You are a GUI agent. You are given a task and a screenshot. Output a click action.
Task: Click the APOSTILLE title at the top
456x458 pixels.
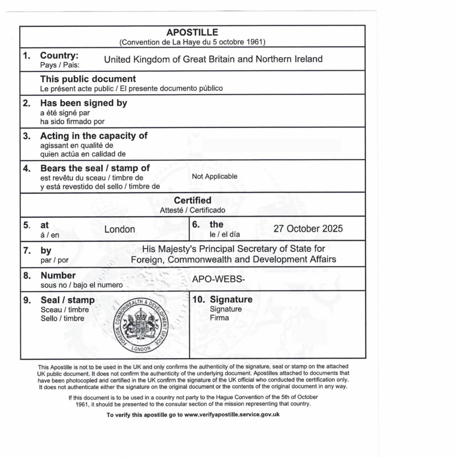192,33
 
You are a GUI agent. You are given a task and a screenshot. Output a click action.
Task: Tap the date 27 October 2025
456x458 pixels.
308,229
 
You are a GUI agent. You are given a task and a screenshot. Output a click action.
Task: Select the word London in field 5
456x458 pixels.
119,229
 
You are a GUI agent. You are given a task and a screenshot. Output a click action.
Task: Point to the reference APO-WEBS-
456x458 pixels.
219,279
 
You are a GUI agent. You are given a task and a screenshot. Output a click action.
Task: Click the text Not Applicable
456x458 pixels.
215,176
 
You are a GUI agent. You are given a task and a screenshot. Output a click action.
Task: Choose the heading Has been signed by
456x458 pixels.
84,103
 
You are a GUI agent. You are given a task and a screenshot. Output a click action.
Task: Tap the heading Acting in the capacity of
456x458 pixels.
94,136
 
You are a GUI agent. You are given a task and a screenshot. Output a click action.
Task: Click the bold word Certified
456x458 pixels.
193,200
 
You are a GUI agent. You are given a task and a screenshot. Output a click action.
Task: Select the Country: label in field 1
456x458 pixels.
59,55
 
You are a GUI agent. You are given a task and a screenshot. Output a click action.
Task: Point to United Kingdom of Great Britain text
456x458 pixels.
213,59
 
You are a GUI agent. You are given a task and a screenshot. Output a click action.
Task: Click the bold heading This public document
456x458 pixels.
88,79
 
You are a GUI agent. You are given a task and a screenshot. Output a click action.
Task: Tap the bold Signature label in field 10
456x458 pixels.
231,299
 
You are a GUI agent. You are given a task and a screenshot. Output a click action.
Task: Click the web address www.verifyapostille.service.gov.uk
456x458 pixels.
232,415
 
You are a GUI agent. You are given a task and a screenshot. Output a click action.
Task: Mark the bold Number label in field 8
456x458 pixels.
58,276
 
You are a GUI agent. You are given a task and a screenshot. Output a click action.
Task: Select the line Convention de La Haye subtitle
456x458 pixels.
192,42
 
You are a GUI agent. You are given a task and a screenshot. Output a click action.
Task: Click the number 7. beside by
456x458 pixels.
26,250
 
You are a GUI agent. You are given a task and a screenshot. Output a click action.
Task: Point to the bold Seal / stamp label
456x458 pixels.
68,300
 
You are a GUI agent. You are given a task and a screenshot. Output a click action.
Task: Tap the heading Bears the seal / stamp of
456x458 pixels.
95,168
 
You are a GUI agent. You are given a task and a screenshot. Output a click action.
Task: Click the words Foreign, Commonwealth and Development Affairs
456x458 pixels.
233,259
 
